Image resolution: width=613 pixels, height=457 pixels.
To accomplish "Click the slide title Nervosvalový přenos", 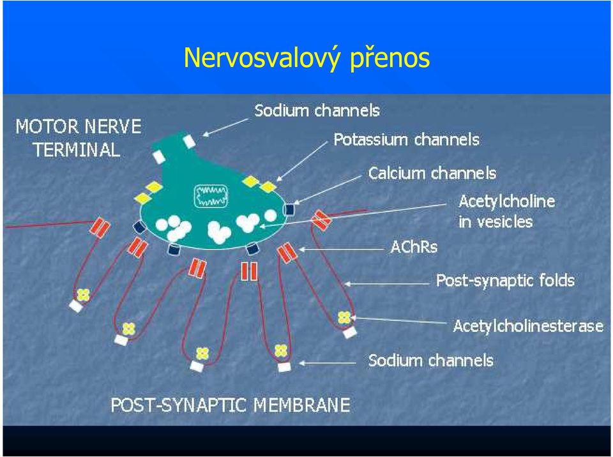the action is pos(306,58).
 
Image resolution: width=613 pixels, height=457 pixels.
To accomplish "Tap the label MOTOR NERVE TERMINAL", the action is pos(78,138).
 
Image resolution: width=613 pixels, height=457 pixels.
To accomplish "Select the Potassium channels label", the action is pos(406,140).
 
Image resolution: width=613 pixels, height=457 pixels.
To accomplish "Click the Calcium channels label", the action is pos(432,173).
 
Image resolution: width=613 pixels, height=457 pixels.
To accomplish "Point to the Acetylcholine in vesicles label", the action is pos(506,211).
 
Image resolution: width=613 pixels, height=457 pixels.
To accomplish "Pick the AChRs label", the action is pos(414,247).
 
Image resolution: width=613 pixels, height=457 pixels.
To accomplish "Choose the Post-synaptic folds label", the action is pos(505,281).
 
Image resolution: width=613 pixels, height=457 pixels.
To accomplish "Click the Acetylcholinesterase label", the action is pos(528,326).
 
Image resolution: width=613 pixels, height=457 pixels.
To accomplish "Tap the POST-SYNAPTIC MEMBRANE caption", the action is pos(231,405).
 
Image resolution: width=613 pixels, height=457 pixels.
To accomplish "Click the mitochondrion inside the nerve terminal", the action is pos(211,196).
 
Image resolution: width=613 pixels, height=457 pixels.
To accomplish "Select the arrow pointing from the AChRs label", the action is pos(342,249).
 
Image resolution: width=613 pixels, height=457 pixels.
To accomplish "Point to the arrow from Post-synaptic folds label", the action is pos(387,284).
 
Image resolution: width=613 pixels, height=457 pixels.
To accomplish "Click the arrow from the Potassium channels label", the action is pos(301,161).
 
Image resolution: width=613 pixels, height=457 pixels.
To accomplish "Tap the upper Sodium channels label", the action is pos(317,110).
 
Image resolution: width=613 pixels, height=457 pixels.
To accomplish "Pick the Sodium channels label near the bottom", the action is pos(430,361).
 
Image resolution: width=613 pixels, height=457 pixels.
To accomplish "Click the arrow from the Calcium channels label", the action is pos(328,190).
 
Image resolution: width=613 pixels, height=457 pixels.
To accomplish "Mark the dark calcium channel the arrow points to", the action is pos(289,209).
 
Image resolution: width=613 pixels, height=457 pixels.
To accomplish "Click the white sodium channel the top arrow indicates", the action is pos(190,141).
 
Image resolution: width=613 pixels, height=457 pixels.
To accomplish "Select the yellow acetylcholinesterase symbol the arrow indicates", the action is pos(344,317).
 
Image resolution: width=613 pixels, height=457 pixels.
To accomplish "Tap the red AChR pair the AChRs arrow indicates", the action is pos(286,253).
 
